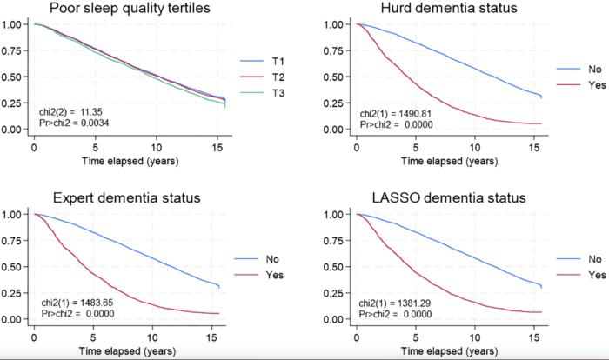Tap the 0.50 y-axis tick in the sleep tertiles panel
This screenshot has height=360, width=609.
[x=15, y=77]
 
